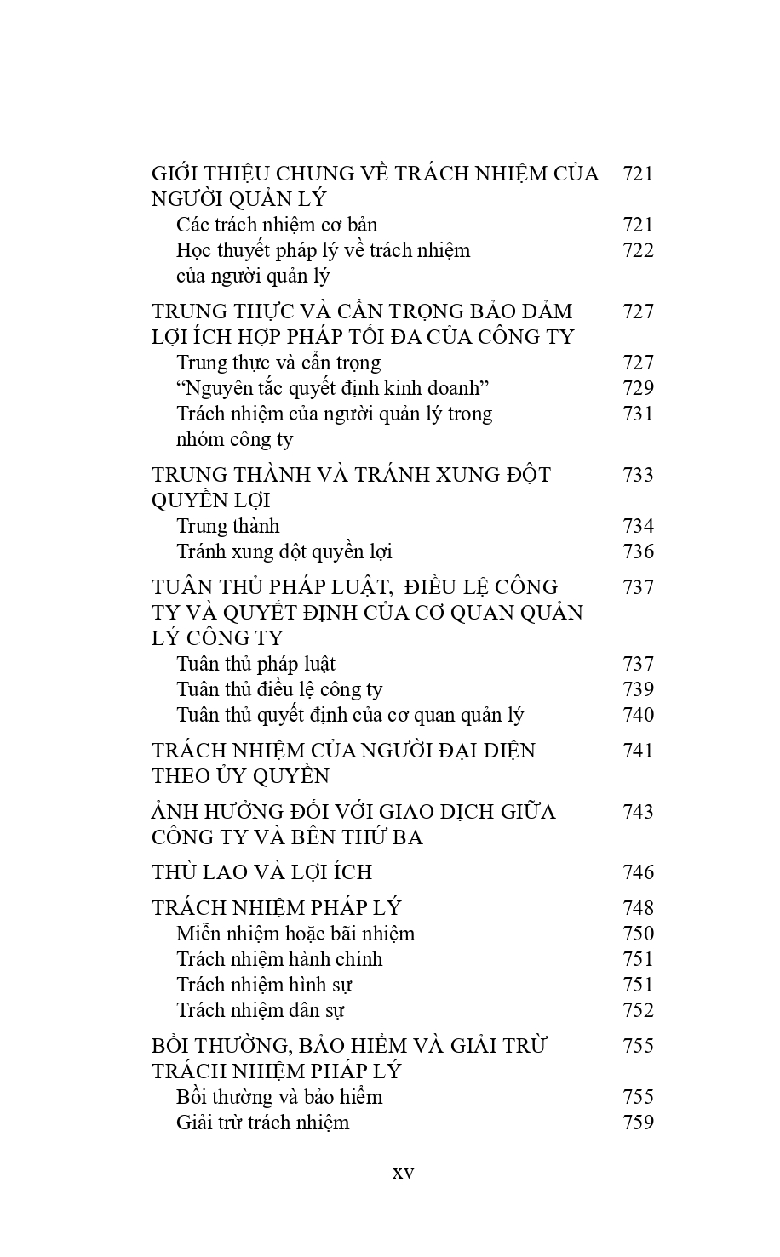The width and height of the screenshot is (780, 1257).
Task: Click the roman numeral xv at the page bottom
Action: point(403,1173)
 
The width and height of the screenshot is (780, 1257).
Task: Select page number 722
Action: point(638,250)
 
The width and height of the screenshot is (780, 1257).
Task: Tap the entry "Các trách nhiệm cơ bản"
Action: point(277,225)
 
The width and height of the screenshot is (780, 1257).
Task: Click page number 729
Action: point(638,388)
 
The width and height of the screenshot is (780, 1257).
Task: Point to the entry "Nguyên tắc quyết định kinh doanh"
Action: point(332,388)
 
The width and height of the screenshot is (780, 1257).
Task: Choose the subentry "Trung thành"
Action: point(227,526)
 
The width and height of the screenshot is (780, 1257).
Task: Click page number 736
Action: point(638,551)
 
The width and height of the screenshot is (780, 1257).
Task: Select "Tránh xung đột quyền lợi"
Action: point(284,551)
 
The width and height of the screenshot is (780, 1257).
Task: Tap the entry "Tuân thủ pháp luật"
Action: point(255,664)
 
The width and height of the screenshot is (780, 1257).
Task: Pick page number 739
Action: point(638,689)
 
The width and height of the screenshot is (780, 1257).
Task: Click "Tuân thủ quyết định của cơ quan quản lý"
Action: point(350,715)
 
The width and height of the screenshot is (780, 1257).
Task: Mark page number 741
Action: point(638,751)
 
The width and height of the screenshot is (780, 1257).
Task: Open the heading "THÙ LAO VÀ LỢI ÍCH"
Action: point(261,872)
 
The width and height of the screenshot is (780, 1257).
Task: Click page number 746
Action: point(638,872)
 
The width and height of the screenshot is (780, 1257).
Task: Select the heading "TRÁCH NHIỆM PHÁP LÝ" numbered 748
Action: point(276,908)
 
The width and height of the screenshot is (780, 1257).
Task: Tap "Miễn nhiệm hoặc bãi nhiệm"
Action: point(295,934)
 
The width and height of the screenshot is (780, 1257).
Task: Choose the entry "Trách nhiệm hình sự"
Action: point(264,985)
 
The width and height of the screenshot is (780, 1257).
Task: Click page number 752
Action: point(638,1010)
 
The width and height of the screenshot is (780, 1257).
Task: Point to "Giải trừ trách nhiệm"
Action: point(262,1123)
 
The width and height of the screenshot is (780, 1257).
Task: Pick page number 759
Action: point(638,1123)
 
